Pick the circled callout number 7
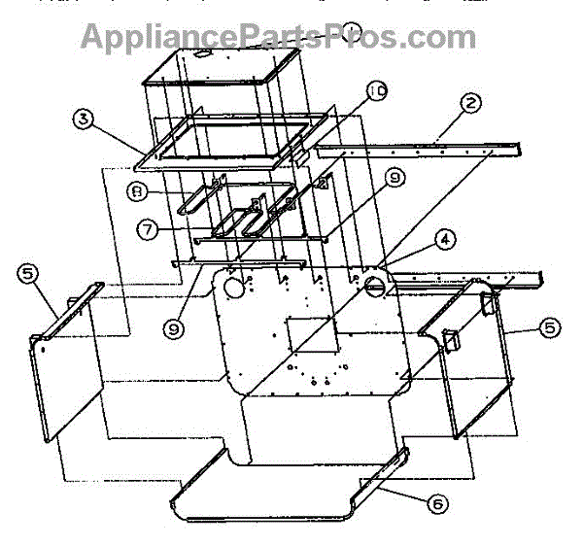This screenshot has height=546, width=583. pos(146,231)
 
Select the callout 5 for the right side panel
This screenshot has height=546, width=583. pos(551,328)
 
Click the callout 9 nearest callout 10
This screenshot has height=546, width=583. pos(394,178)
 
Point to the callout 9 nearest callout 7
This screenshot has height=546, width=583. pos(175,330)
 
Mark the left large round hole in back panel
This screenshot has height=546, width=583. pos(233,288)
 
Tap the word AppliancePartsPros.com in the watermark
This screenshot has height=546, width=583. pos(278,37)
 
